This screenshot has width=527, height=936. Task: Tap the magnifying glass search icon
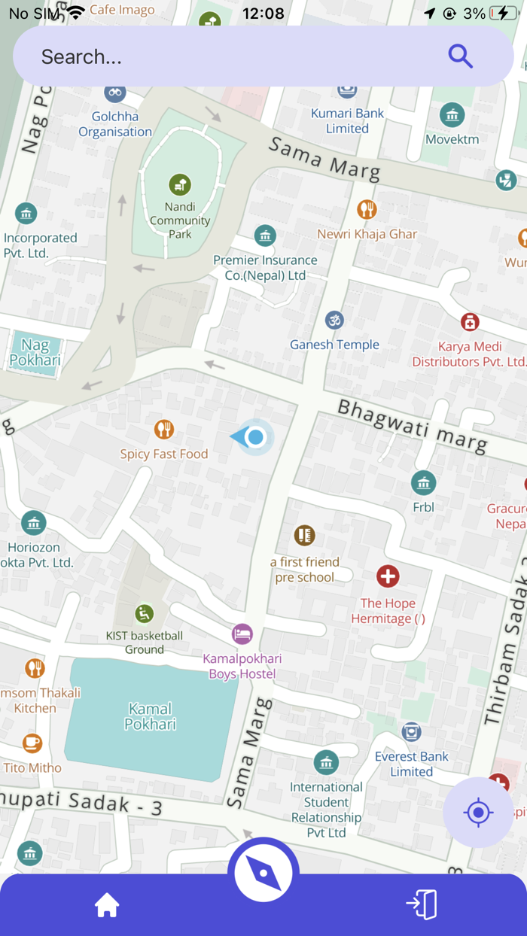[460, 56]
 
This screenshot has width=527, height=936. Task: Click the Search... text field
[226, 56]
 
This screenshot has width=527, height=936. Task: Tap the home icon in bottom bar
[107, 906]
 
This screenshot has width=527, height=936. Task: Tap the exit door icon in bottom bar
[422, 904]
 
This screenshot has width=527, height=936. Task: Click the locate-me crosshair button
[478, 813]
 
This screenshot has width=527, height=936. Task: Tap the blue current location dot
[256, 437]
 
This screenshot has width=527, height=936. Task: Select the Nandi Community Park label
[180, 220]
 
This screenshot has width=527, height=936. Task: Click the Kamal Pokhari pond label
[151, 716]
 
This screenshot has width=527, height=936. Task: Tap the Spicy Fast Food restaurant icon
[164, 430]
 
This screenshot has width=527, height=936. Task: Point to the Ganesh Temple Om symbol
[334, 321]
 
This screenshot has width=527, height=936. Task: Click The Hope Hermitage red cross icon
[388, 577]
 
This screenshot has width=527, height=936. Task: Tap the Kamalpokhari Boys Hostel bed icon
[242, 634]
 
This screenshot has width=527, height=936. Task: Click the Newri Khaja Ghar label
[367, 234]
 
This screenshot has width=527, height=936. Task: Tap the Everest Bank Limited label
[412, 764]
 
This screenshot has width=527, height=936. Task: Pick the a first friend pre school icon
[304, 536]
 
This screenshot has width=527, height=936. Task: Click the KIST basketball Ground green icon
[144, 614]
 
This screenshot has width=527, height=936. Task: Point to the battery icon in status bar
[502, 14]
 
